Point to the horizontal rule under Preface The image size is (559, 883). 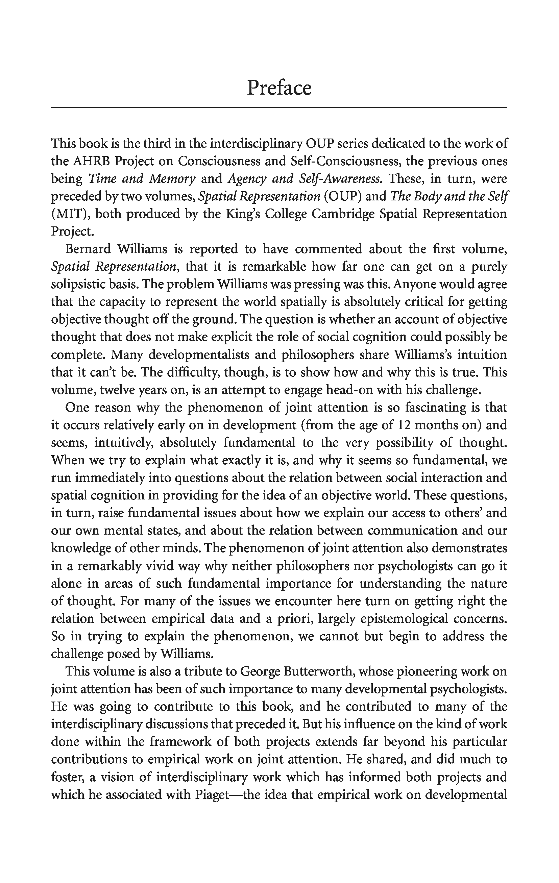tap(279, 108)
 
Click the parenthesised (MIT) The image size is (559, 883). tap(70, 214)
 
